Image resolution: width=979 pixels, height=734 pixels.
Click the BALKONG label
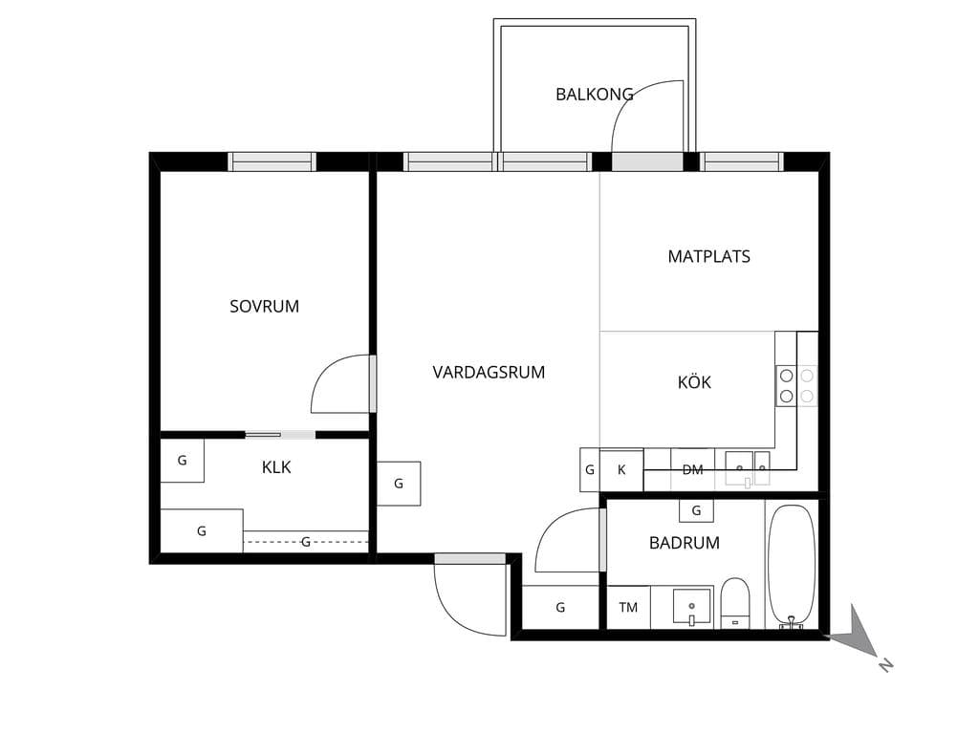click(x=595, y=95)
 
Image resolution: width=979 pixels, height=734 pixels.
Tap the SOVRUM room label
click(x=264, y=307)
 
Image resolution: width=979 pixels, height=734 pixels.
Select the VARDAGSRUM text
click(x=489, y=373)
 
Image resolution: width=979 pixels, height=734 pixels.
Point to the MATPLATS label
click(x=708, y=256)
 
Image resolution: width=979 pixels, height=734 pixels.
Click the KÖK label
click(x=694, y=382)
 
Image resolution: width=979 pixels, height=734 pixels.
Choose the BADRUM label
click(x=685, y=543)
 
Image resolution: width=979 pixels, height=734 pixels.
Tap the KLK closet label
click(x=276, y=467)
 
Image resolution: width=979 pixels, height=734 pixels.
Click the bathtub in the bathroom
click(x=791, y=566)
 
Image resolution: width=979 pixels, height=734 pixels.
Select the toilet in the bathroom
click(x=735, y=603)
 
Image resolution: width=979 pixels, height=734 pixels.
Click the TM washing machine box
click(x=629, y=607)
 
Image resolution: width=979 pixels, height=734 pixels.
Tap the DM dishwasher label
click(x=692, y=470)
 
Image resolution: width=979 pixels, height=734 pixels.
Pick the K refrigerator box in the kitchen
click(x=621, y=470)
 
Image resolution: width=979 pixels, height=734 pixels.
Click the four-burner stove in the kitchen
click(x=796, y=386)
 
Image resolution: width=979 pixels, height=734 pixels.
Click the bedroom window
click(x=272, y=162)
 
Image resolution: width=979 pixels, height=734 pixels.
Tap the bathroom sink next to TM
click(x=692, y=607)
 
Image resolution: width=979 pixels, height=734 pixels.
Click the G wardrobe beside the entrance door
click(x=560, y=607)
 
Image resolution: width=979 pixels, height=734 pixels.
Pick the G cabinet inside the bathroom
click(x=696, y=510)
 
